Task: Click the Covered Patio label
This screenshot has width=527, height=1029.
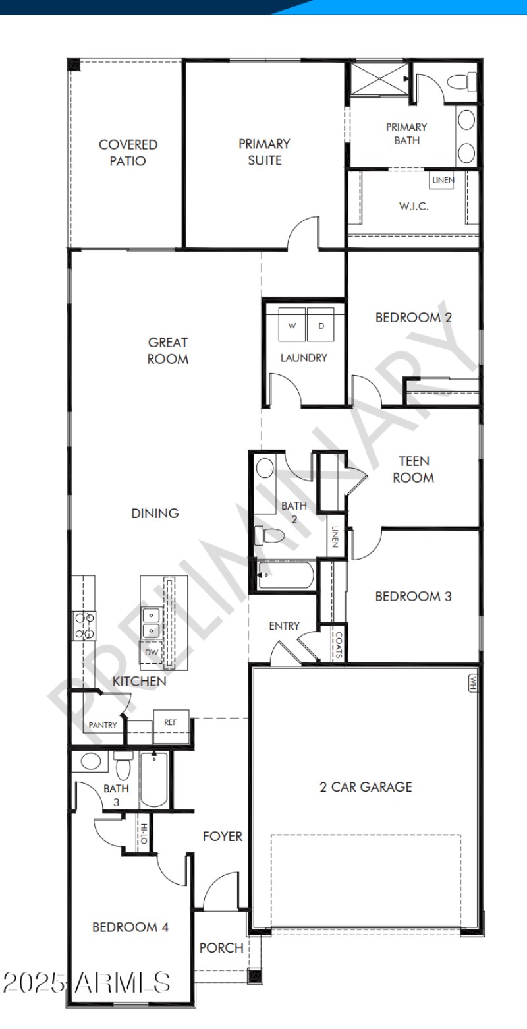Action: point(128,152)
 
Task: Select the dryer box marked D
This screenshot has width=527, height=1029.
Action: point(321,326)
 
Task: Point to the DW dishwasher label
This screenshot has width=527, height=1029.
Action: point(152,652)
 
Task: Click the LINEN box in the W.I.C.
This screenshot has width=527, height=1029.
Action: point(442,180)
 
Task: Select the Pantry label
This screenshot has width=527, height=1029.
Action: point(103,725)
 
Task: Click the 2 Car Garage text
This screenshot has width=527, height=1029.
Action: point(366,786)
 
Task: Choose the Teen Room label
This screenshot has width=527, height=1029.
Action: point(413,469)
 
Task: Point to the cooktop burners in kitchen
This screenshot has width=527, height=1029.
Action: point(84,625)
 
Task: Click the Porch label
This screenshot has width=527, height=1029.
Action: point(221,947)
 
